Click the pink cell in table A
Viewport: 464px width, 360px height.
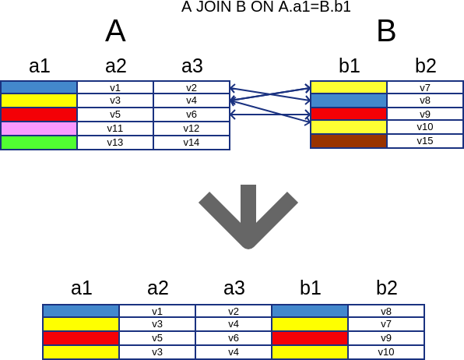[x=39, y=129]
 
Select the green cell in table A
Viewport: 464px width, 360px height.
[x=39, y=143]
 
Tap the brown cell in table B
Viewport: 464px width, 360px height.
[x=349, y=141]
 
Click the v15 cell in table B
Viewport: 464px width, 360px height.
[x=425, y=141]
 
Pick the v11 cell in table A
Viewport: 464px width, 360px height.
[x=115, y=129]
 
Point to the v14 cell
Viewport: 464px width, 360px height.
[x=192, y=143]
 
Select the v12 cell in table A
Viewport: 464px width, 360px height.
[x=192, y=129]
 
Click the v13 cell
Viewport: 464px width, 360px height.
[x=115, y=143]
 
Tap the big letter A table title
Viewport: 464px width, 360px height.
[x=115, y=31]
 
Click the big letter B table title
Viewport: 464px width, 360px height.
[x=386, y=31]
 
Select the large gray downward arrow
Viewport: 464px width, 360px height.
[x=248, y=217]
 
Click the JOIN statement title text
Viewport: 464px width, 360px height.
[x=266, y=7]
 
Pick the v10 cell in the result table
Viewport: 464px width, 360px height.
[x=386, y=352]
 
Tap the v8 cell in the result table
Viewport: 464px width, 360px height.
[x=386, y=312]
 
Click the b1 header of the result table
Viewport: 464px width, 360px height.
[x=311, y=288]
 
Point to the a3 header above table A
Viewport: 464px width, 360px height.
[x=192, y=65]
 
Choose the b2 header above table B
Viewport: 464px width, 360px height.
[x=426, y=65]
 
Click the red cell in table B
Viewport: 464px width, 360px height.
[x=349, y=114]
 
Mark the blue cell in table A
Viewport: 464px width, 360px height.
[x=39, y=88]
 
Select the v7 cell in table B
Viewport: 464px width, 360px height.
[x=425, y=88]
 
